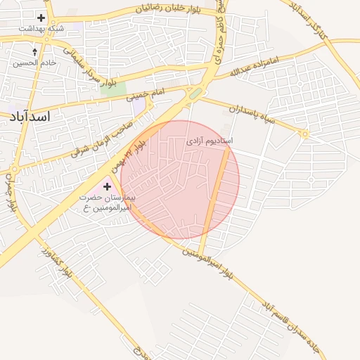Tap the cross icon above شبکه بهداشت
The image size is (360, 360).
pos(41,18)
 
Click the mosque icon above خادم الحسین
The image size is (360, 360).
pos(35,52)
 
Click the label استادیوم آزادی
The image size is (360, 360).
pos(210,141)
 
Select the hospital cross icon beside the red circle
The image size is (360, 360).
pos(107,186)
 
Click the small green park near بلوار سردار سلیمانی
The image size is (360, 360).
pos(117,89)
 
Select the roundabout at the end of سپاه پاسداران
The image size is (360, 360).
pos(304,134)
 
